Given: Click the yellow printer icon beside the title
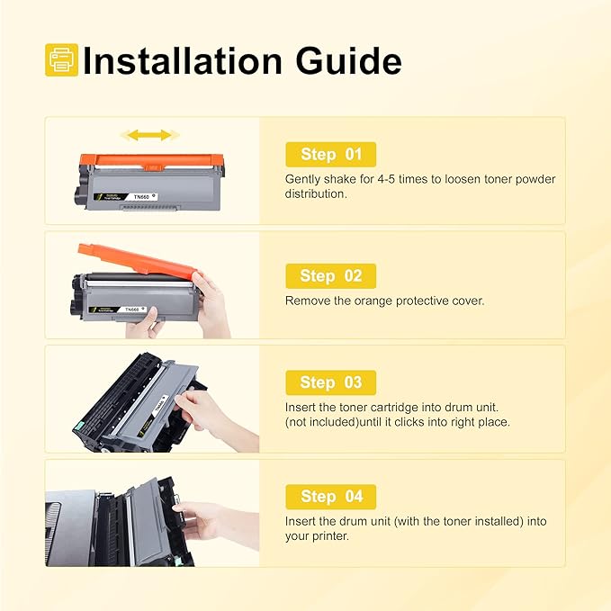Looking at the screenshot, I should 61,60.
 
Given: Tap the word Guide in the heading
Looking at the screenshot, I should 352,60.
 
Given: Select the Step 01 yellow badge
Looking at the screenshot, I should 330,155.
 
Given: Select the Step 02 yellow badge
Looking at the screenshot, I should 330,275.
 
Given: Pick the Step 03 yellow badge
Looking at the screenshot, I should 330,382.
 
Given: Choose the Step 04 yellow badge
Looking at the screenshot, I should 330,496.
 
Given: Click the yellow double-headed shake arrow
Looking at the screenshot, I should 149,135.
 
